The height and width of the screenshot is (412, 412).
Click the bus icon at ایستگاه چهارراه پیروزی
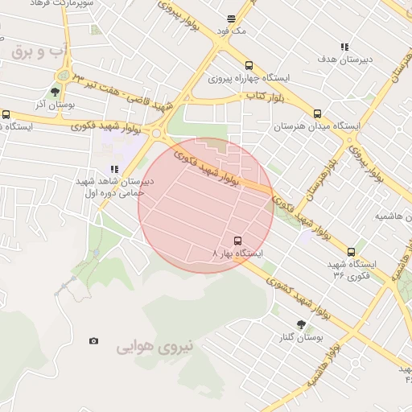[249, 66]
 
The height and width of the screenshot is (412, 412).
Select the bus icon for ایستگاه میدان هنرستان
[317, 113]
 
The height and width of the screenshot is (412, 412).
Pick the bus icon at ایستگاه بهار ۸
[237, 240]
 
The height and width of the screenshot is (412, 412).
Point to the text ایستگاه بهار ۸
[237, 253]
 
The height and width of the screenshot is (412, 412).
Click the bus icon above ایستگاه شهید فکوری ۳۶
[351, 252]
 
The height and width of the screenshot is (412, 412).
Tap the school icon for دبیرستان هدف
[345, 47]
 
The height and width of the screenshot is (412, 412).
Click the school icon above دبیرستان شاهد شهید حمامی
[113, 169]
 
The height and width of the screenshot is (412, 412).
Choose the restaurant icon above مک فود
[232, 18]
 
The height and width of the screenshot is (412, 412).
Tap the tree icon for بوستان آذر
[55, 92]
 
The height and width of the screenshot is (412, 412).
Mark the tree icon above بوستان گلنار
[301, 324]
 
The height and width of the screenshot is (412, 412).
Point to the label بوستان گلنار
[301, 337]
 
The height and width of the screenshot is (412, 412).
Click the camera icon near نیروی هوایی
[94, 341]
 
